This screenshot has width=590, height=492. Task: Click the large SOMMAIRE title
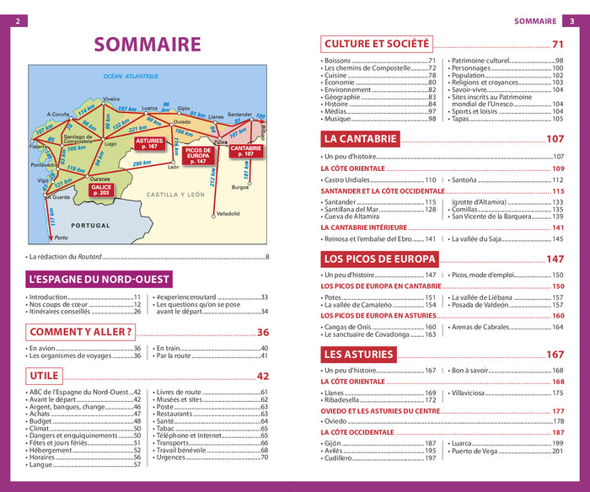pos(147,45)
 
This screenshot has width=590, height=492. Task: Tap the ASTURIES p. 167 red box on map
pos(149,143)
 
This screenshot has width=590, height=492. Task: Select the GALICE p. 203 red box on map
pos(99,190)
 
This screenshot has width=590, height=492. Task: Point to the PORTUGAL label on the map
pos(90,226)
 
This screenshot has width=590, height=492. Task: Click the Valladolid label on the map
pos(228,214)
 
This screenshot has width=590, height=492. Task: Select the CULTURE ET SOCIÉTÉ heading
pos(377,44)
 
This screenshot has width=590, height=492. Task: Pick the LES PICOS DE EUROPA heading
pos(378,259)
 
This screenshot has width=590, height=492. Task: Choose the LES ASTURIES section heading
pos(358,354)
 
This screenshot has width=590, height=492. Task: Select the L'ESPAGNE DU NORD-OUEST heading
pos(99,279)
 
